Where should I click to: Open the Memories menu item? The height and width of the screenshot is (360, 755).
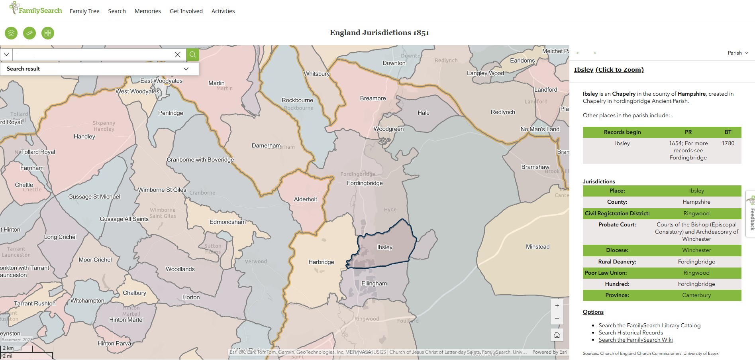(x=147, y=11)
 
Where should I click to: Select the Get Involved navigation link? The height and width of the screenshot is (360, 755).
(x=186, y=11)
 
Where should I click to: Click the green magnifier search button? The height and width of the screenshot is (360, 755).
(x=192, y=55)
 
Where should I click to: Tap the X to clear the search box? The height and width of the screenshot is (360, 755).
(x=178, y=55)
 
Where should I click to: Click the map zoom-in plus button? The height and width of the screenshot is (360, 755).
(x=557, y=306)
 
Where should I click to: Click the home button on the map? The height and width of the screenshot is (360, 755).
(x=557, y=335)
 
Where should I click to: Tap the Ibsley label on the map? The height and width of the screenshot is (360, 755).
(x=385, y=247)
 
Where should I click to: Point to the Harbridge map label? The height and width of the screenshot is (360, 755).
(x=321, y=262)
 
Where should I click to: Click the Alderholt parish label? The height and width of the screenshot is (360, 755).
(x=306, y=199)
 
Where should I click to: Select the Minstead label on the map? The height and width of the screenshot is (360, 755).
(x=537, y=247)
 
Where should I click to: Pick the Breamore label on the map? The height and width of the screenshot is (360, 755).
(x=373, y=98)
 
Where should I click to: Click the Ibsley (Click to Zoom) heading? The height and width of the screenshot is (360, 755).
(x=609, y=70)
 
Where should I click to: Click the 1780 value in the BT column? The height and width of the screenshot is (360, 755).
(x=728, y=143)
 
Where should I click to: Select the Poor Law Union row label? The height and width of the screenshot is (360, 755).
(x=606, y=273)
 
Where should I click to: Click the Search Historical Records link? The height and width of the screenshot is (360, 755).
(x=631, y=332)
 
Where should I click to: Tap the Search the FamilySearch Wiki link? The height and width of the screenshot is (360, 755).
(x=635, y=340)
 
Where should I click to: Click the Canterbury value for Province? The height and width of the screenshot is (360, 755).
(x=696, y=295)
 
